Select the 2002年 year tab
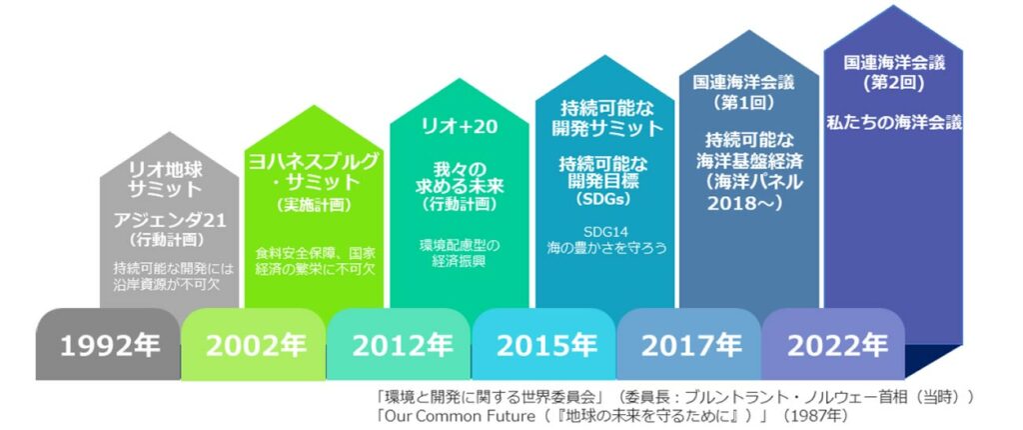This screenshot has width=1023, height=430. point(254,344)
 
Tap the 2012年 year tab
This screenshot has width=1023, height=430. point(399,344)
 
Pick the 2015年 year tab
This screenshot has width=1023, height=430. point(543,344)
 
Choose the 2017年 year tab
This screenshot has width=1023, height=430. point(688,344)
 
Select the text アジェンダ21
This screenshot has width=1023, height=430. point(170,221)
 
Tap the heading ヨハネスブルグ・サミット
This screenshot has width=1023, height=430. point(314,171)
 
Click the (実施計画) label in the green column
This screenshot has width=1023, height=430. point(314,205)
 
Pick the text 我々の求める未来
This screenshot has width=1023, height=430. point(460,177)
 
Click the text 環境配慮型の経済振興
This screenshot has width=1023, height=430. point(460,254)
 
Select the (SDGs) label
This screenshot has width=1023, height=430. point(604,200)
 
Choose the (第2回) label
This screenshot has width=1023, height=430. point(894,83)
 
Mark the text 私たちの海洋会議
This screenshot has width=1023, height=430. point(894,123)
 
